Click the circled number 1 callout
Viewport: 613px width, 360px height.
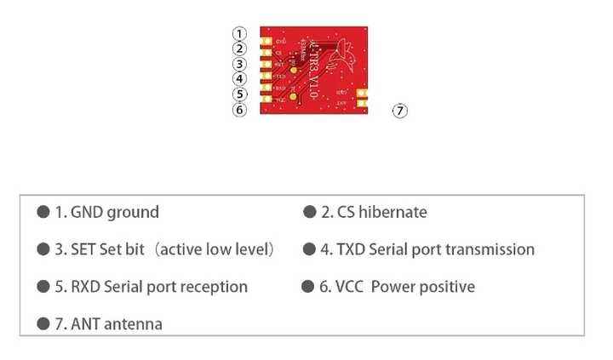(x=239, y=33)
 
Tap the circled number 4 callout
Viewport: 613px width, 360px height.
(x=239, y=79)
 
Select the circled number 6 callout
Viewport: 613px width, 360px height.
(x=239, y=109)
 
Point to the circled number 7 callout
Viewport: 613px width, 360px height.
(x=399, y=111)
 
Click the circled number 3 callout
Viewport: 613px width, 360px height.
(x=239, y=64)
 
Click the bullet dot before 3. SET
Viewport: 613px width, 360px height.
(x=43, y=249)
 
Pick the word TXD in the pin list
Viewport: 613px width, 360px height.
(x=352, y=249)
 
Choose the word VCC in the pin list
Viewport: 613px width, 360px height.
(x=349, y=287)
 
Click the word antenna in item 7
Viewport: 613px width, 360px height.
(x=133, y=323)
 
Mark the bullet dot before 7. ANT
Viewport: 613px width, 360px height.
(x=43, y=323)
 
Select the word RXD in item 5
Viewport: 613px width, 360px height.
(x=85, y=287)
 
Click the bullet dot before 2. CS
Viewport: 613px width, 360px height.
(x=309, y=212)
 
